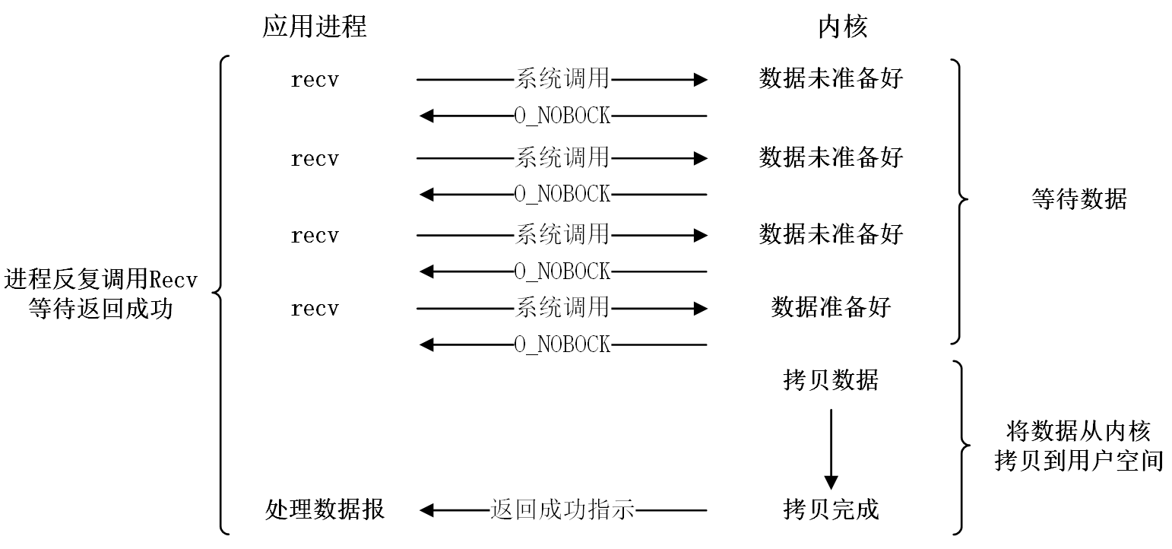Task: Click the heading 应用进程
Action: click(314, 26)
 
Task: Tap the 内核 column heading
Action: click(843, 26)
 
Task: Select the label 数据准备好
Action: click(831, 307)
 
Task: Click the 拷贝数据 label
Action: click(831, 380)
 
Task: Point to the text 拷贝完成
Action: click(831, 509)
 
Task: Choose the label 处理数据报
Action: click(325, 509)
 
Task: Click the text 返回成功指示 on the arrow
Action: click(562, 509)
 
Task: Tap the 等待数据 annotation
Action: click(1079, 199)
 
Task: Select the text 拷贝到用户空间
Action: click(1079, 461)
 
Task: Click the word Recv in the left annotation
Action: click(173, 280)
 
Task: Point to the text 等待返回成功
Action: click(101, 309)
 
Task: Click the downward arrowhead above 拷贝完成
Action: click(831, 483)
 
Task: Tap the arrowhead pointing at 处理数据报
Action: click(427, 510)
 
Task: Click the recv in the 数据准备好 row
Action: click(315, 309)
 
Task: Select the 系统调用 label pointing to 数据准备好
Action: click(562, 308)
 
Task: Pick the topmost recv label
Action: click(315, 80)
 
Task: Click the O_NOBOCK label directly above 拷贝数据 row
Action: click(562, 345)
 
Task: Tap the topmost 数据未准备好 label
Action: click(831, 79)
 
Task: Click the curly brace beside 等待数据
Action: click(959, 202)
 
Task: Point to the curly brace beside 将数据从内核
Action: click(961, 447)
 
